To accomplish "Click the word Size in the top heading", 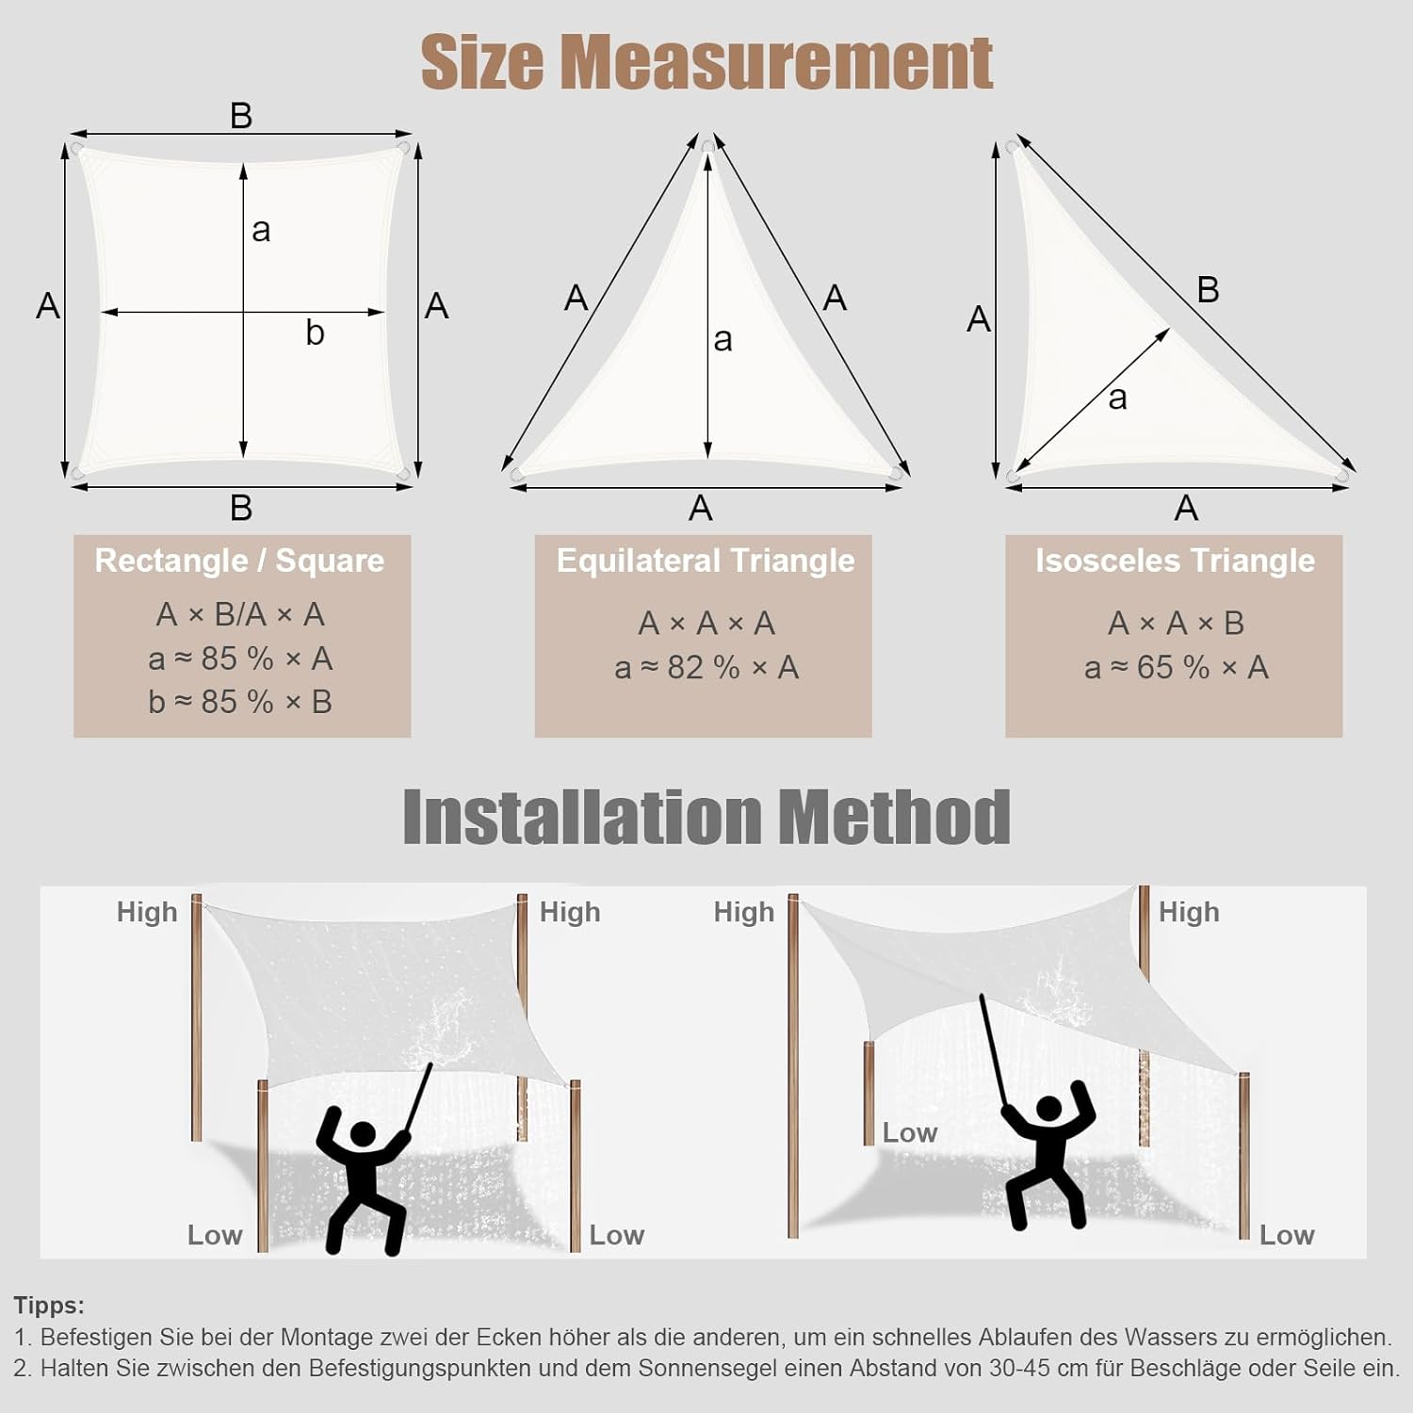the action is (x=482, y=62).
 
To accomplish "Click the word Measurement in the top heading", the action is (x=777, y=62).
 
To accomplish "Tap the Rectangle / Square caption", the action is (x=239, y=560).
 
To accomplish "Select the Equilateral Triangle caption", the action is (x=706, y=561).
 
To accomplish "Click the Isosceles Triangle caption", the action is (x=1175, y=561).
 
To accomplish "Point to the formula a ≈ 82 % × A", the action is (x=706, y=668).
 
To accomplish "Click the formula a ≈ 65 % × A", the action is (x=1176, y=668).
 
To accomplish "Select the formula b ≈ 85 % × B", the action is (x=240, y=702).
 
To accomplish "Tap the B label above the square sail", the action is (x=241, y=116).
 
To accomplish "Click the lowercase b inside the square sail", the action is (x=316, y=333).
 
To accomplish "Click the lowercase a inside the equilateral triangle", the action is (x=723, y=340).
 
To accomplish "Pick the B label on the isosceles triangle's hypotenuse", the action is (x=1208, y=290).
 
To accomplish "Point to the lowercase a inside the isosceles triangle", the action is (x=1117, y=398).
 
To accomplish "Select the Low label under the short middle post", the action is (x=909, y=1132).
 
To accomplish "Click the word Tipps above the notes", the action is (x=49, y=1307).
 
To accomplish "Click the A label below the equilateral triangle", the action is (x=700, y=509).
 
